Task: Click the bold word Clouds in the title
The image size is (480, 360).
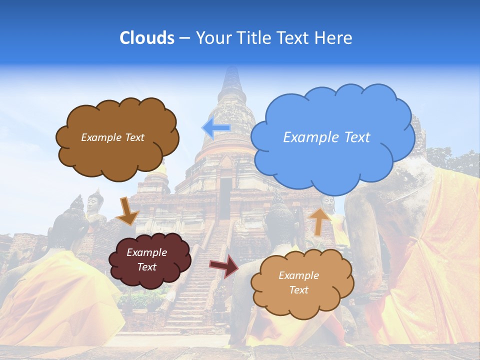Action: tap(147, 38)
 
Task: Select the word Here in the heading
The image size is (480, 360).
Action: tap(334, 38)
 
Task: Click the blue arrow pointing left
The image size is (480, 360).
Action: tap(216, 128)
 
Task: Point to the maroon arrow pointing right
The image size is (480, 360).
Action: tap(224, 265)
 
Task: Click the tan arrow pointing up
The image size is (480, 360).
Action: tap(317, 221)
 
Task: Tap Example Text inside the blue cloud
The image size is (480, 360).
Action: tap(326, 137)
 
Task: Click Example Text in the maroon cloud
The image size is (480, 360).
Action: tap(146, 259)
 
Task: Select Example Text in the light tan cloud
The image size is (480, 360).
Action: tap(298, 282)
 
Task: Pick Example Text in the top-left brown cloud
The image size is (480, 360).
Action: tap(112, 137)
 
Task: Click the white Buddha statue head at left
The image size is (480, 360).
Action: tap(93, 202)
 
